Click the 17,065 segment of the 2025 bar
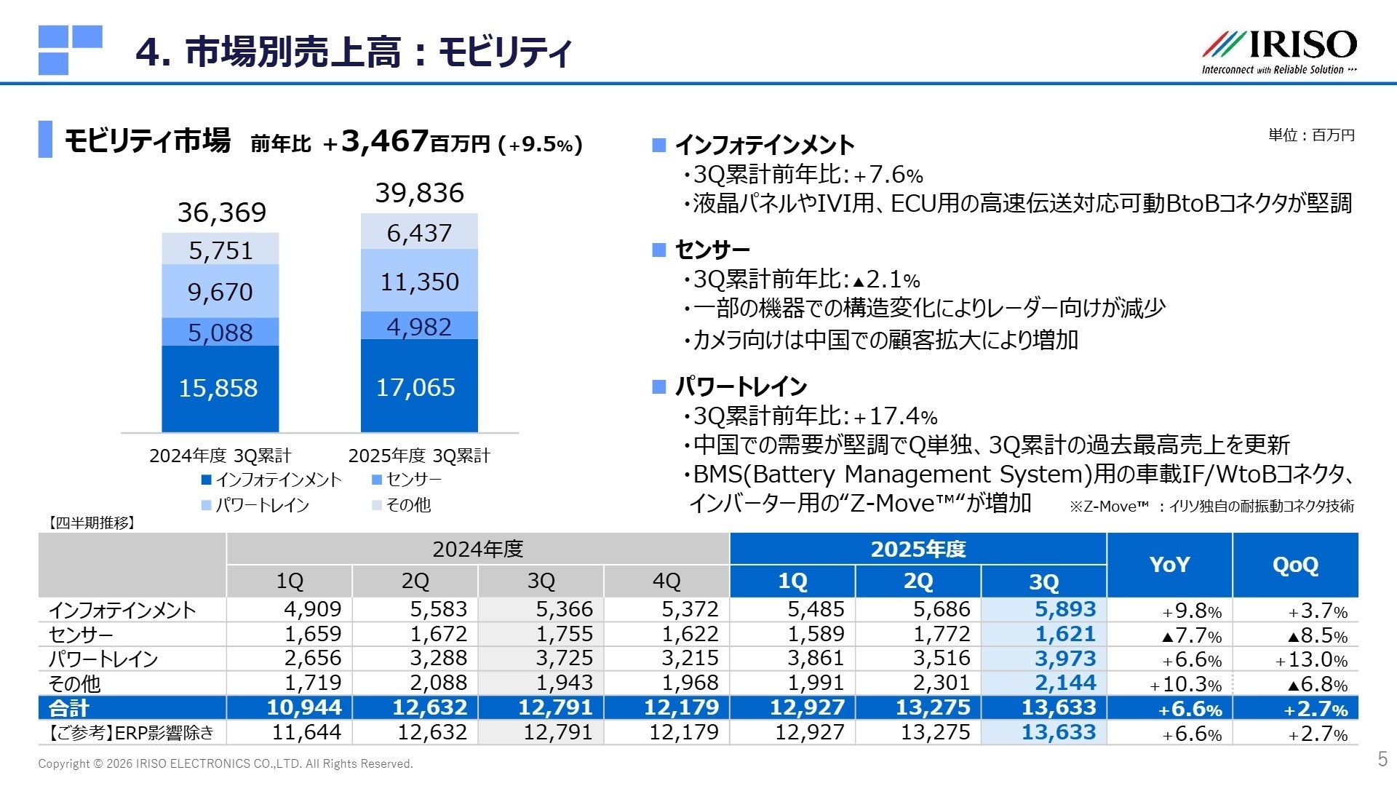point(418,386)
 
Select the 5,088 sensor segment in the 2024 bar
point(220,333)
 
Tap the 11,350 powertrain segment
point(419,281)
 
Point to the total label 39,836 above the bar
point(419,193)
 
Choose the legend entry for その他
point(402,505)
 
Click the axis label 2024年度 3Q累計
point(220,456)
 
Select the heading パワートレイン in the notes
point(741,386)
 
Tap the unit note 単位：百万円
point(1311,135)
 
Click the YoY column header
point(1169,565)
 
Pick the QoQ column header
point(1295,565)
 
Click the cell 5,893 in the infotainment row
point(1064,609)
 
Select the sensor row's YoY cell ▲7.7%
point(1191,635)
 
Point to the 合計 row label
point(69,707)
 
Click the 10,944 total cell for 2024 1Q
point(303,707)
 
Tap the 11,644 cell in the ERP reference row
point(306,732)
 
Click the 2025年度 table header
point(918,549)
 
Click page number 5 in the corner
point(1382,759)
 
